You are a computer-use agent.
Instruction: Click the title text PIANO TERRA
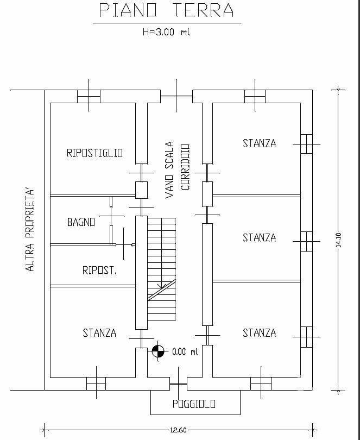point(167,10)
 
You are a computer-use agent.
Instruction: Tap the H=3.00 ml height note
point(166,32)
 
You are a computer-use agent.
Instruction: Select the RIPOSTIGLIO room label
point(94,153)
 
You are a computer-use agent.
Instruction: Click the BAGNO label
point(81,222)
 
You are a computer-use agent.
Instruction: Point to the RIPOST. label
point(99,270)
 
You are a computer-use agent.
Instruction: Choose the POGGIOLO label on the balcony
point(194,404)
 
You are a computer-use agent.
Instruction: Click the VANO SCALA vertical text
point(169,170)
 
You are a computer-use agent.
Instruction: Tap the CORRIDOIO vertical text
point(185,167)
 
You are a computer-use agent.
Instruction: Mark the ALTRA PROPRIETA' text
point(30,230)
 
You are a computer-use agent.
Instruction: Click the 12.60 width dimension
point(179,430)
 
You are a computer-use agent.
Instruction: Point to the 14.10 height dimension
point(338,240)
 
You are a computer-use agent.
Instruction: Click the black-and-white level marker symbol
point(158,351)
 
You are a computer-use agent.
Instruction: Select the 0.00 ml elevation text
point(185,351)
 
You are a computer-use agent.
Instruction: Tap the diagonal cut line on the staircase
point(162,290)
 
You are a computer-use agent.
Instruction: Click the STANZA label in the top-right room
point(259,143)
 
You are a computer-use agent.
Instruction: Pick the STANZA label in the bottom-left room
point(99,333)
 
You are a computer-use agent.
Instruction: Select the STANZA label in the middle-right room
point(259,238)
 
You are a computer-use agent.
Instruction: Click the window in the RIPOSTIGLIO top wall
point(89,96)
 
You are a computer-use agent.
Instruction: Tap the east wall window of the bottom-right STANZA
point(306,337)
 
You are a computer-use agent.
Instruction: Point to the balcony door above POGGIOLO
point(179,384)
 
